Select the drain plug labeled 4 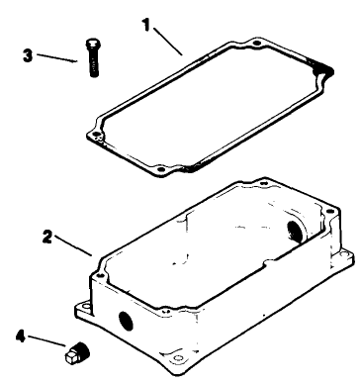point(74,350)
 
